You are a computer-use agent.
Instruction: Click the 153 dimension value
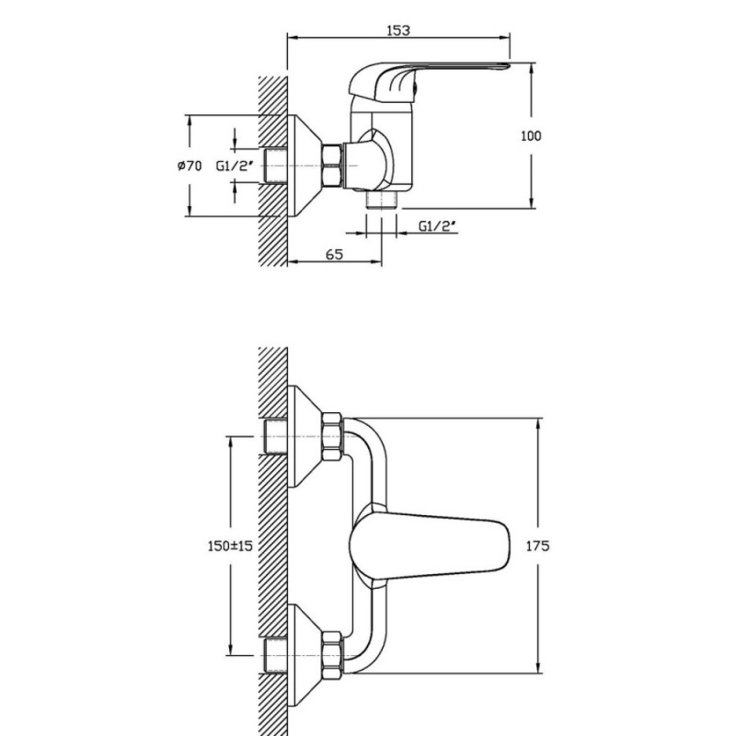pyautogui.click(x=398, y=30)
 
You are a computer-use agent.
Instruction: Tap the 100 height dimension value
pyautogui.click(x=531, y=135)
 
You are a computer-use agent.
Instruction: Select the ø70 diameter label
pyautogui.click(x=190, y=166)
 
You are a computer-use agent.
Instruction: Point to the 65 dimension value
pyautogui.click(x=334, y=255)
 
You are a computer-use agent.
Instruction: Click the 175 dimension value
pyautogui.click(x=537, y=546)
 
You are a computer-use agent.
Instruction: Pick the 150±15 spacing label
pyautogui.click(x=230, y=546)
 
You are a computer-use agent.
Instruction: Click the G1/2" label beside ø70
pyautogui.click(x=235, y=166)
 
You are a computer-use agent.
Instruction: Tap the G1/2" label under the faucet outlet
pyautogui.click(x=438, y=226)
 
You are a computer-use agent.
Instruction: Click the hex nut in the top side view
pyautogui.click(x=332, y=166)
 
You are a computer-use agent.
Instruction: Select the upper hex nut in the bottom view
pyautogui.click(x=333, y=436)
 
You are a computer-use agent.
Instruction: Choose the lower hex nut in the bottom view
pyautogui.click(x=333, y=655)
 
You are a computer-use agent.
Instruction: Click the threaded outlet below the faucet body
pyautogui.click(x=381, y=201)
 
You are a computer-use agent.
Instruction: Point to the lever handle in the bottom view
pyautogui.click(x=430, y=546)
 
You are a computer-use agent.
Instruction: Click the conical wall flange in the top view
pyautogui.click(x=305, y=166)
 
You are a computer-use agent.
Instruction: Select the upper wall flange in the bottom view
pyautogui.click(x=305, y=436)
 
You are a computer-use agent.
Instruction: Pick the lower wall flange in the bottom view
pyautogui.click(x=305, y=655)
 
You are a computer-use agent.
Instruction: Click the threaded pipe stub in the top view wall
pyautogui.click(x=276, y=166)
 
